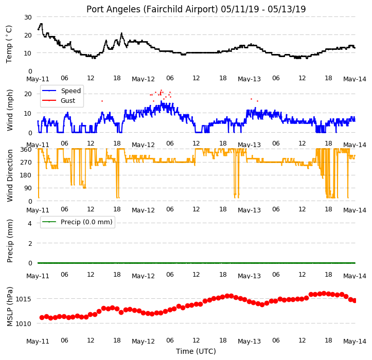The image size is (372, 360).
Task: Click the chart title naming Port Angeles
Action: coord(196,9)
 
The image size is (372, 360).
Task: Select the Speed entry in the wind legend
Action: coord(70,91)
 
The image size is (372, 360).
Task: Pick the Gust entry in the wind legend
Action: coord(68,101)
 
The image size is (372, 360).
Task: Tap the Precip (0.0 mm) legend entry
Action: coord(86,222)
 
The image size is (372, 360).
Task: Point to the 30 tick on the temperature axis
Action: coord(28,17)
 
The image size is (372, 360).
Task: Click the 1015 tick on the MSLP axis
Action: coord(23,299)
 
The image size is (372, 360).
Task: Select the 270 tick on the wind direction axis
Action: coord(26,163)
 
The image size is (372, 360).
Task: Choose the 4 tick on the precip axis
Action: coord(30,223)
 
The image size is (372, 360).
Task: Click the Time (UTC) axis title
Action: coord(196,351)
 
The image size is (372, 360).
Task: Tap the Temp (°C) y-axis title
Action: coord(9,44)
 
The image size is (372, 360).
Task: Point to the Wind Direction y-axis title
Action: coord(10,175)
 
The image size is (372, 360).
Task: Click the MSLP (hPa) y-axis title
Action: coord(10,307)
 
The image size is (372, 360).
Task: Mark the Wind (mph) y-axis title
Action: coord(10,110)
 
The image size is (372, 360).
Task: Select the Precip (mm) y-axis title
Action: coord(10,241)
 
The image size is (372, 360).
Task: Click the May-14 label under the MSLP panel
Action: coord(355,341)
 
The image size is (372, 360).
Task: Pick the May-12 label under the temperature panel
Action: coord(143,79)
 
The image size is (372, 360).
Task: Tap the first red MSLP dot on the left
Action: coord(42,317)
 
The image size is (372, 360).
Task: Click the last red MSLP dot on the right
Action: coord(355,300)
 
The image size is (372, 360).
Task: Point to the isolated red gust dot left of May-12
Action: coord(102,101)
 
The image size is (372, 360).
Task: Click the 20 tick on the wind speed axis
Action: coord(28,94)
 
